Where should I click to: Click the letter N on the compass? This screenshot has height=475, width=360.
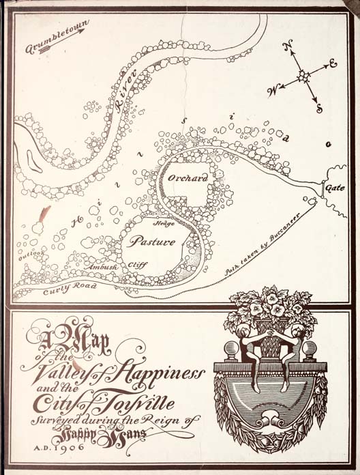click(287, 48)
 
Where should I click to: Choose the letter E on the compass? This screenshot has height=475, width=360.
click(333, 63)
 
